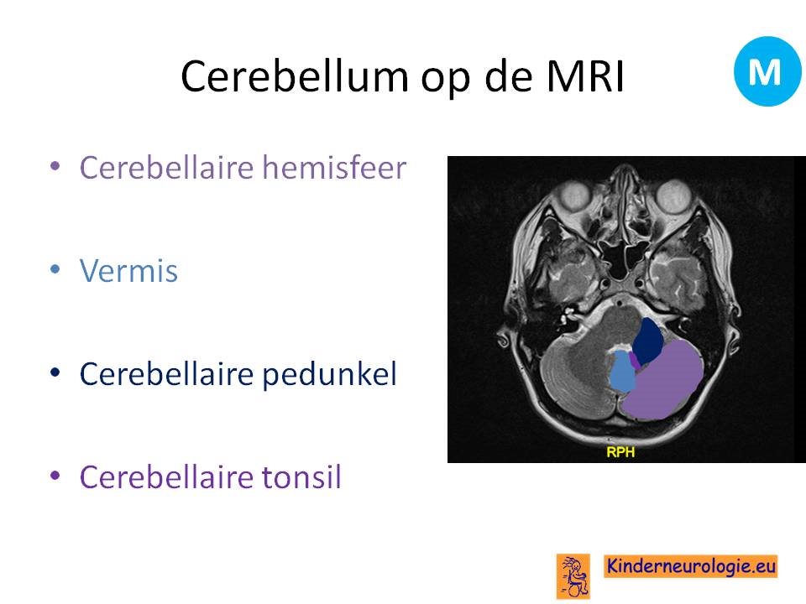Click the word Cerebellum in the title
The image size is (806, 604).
point(295,76)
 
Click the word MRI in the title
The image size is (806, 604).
point(584,76)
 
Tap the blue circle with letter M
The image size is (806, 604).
point(767,70)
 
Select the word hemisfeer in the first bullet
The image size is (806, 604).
point(334,167)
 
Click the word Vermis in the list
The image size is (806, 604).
point(128,271)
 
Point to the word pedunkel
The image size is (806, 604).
point(329,374)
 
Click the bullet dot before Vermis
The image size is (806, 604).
point(55,269)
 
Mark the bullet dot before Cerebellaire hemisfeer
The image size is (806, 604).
point(55,166)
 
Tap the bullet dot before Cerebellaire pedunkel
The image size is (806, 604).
point(55,372)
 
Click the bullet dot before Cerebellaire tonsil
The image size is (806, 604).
point(55,476)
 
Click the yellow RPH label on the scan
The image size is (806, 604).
point(620,452)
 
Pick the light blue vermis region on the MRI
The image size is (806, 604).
point(621,371)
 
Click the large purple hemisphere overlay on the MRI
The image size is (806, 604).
point(663,381)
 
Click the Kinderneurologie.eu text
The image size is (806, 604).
point(690,566)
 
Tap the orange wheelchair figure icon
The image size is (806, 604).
point(573,576)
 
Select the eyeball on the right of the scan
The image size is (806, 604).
point(674,196)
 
